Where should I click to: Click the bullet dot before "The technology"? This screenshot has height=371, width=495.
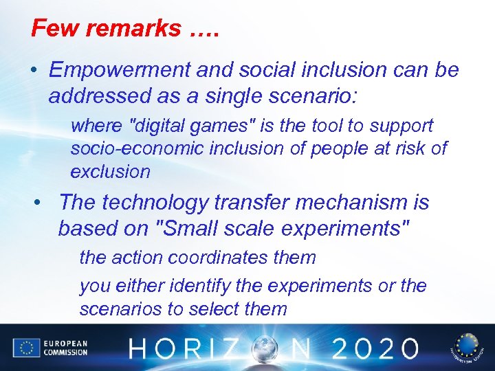pos(43,203)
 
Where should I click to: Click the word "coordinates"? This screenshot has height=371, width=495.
pos(218,258)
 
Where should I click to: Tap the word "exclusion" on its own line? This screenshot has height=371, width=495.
pos(110,171)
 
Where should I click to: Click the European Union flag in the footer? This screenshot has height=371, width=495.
pos(27,348)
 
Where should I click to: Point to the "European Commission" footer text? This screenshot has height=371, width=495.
pos(65,348)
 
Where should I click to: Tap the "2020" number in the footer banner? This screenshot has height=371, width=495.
pos(372,348)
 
